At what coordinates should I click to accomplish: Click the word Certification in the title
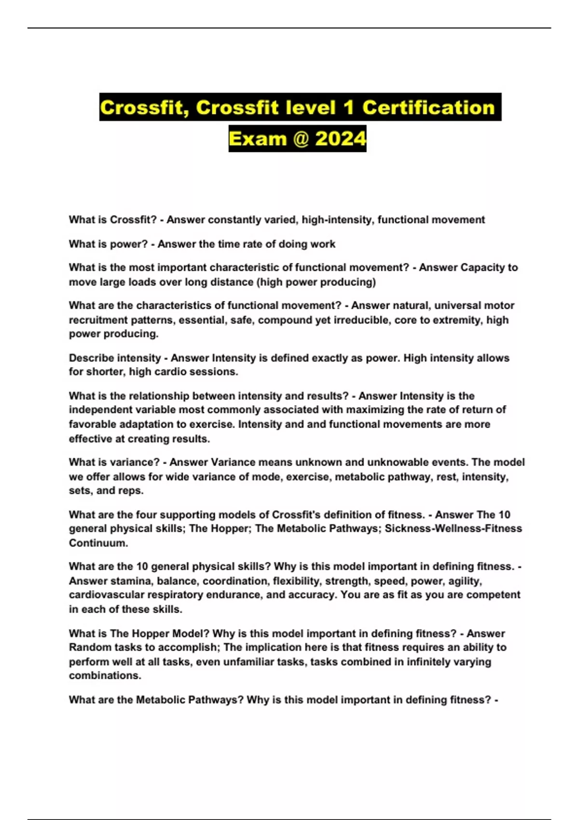(x=428, y=108)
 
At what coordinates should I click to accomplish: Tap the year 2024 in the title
(x=341, y=139)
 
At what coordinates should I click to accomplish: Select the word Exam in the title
(x=258, y=139)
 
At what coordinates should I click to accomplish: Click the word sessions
(x=215, y=372)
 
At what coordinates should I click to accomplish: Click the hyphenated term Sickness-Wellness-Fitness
(x=453, y=529)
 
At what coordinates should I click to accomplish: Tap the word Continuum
(x=98, y=543)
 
